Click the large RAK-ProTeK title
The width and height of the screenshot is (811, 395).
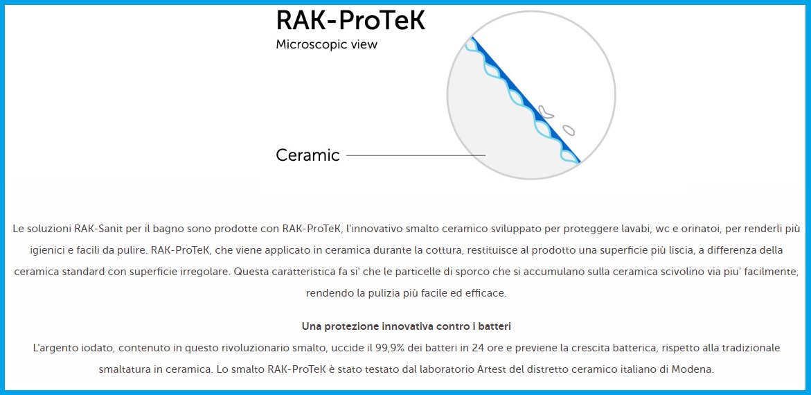(x=350, y=19)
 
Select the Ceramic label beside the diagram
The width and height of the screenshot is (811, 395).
(x=308, y=155)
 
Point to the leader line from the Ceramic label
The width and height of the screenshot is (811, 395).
(x=416, y=155)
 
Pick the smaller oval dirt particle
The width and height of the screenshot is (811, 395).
(x=569, y=130)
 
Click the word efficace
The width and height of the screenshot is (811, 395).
(x=486, y=293)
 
